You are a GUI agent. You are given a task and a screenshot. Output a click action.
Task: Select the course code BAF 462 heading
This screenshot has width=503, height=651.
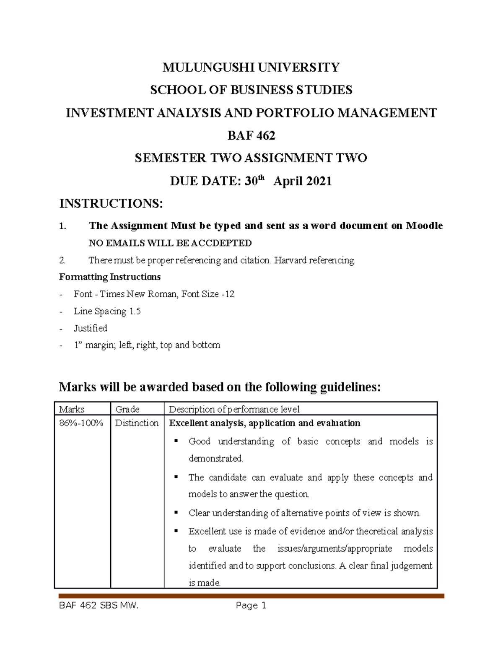pos(251,135)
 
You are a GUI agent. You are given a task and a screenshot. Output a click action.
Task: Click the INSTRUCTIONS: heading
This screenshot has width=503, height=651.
pos(111,204)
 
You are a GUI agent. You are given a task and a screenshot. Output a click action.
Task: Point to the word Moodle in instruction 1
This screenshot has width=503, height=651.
pos(424,226)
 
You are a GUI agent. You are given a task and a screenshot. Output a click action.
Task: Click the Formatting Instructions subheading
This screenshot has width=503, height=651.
pos(110,277)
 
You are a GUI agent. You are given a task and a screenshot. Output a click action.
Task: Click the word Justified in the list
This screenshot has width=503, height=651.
pos(90,328)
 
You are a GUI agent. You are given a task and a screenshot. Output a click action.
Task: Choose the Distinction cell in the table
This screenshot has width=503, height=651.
pos(137,423)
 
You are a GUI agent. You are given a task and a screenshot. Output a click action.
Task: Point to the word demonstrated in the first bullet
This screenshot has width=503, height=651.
pos(215,459)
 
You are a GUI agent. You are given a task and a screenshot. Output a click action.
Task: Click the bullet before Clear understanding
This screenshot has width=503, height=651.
pos(176,513)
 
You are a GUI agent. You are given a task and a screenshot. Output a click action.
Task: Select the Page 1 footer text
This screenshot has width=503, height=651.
pos(251,605)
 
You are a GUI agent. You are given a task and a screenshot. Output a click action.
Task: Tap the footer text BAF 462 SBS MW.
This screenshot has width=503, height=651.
pos(99,605)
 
